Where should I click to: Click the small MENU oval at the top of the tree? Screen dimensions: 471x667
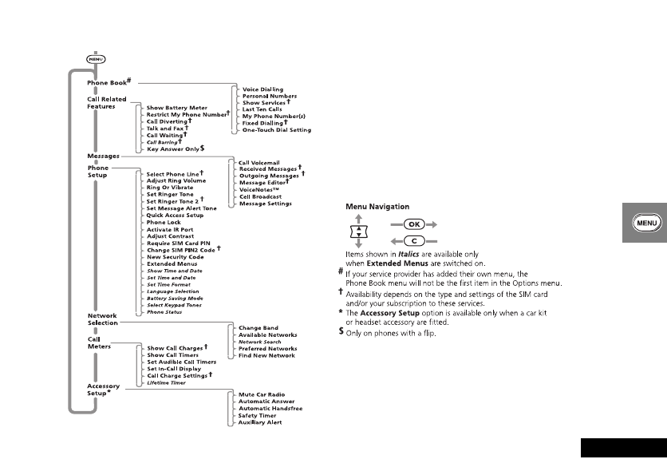(x=96, y=57)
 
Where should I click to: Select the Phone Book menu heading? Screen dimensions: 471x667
(x=107, y=82)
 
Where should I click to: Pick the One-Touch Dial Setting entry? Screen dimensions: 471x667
(x=276, y=129)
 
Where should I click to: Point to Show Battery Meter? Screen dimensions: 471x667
(x=176, y=107)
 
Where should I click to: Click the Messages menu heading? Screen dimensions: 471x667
(x=103, y=156)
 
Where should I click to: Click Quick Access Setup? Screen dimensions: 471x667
(x=175, y=216)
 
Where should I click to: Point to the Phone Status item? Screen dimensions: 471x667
(x=164, y=311)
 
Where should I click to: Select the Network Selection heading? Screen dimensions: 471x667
(x=102, y=319)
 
